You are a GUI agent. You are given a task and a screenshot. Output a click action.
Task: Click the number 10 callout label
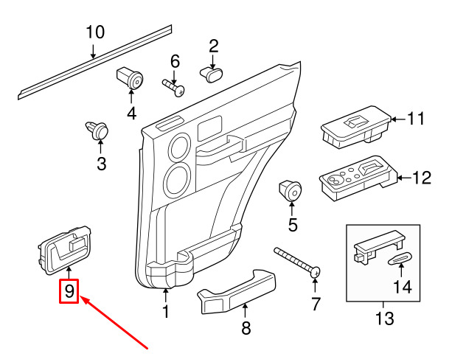coord(95,32)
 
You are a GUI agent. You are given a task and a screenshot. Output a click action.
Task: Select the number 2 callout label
coord(214,46)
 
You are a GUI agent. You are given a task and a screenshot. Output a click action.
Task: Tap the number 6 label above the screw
coord(175,60)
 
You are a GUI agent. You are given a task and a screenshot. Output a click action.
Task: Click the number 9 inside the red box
coord(69,291)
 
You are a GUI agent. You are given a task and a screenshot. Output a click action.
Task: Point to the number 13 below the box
coord(384,319)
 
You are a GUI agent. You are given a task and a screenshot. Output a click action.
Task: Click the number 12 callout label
coord(422,177)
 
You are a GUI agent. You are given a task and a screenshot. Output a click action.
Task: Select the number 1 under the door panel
coord(165,312)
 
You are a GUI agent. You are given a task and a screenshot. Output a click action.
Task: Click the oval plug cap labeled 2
coord(213,72)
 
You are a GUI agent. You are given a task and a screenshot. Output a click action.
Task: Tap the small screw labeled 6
coord(174,86)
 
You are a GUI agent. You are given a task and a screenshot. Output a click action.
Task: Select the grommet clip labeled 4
coord(131,77)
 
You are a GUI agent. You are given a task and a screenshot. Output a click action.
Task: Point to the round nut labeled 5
coord(291,191)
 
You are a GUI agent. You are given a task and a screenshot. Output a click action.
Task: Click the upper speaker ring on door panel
coord(178,148)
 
